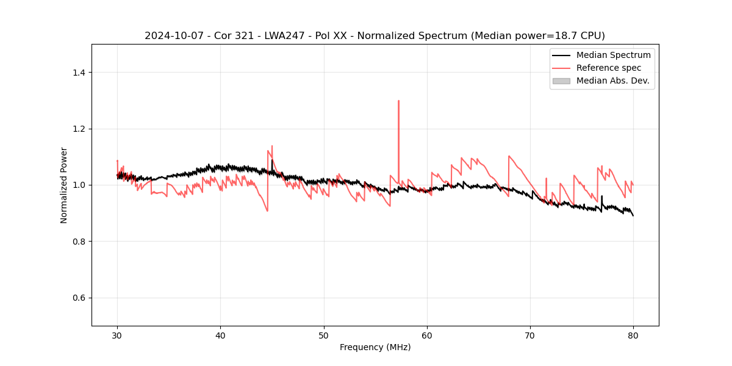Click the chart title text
375,35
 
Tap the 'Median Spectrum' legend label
613,55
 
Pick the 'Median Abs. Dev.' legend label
612,81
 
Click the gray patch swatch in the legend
561,81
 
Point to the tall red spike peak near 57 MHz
398,101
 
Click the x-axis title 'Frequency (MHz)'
375,347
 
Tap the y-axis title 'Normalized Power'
64,185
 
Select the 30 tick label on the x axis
117,335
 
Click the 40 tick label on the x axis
220,335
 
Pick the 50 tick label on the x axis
323,335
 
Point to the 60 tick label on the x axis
427,335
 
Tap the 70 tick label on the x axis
530,335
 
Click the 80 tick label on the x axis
633,335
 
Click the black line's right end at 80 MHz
633,215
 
